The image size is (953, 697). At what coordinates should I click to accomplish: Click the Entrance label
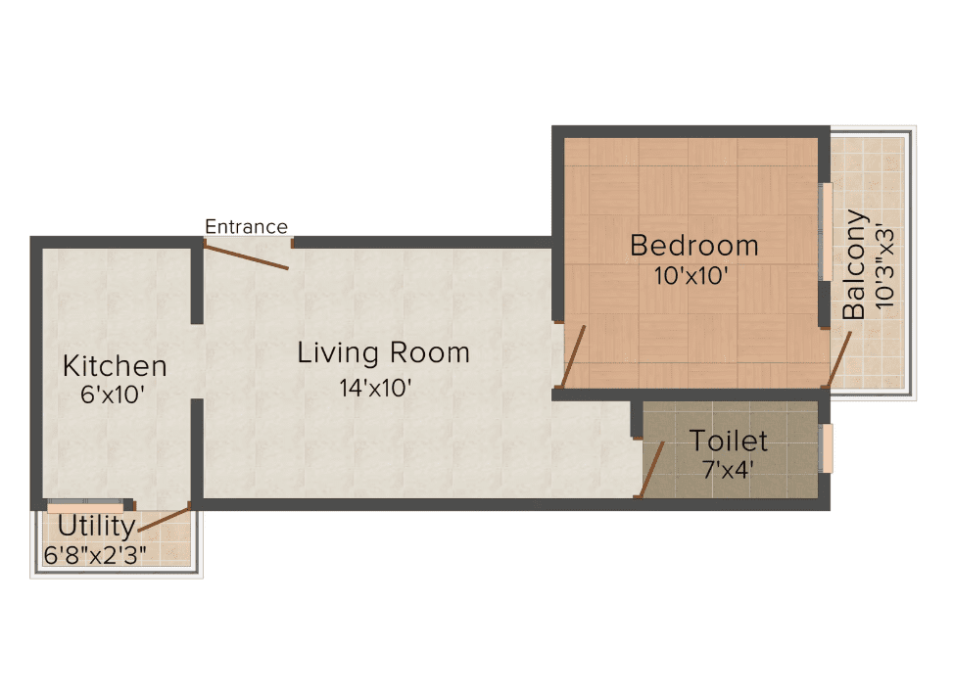pyautogui.click(x=246, y=227)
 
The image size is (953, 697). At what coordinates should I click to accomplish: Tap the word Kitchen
pyautogui.click(x=115, y=366)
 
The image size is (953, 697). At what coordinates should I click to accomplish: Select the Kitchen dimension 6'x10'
pyautogui.click(x=113, y=395)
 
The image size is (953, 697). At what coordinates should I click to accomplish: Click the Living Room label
pyautogui.click(x=384, y=353)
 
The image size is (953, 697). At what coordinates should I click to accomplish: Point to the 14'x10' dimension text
pyautogui.click(x=375, y=388)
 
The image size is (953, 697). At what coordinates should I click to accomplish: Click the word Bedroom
pyautogui.click(x=694, y=246)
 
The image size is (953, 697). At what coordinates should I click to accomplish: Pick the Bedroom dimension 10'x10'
pyautogui.click(x=691, y=276)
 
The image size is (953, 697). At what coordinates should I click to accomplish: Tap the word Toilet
pyautogui.click(x=729, y=441)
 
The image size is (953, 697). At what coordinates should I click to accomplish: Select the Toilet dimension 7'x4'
pyautogui.click(x=728, y=470)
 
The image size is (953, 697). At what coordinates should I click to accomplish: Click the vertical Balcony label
pyautogui.click(x=854, y=265)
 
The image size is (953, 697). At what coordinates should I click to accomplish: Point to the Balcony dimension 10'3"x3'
pyautogui.click(x=885, y=268)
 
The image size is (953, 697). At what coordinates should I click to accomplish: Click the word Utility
pyautogui.click(x=97, y=527)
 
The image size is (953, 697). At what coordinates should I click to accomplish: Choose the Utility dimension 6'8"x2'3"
pyautogui.click(x=95, y=555)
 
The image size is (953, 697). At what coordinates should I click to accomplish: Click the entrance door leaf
pyautogui.click(x=246, y=256)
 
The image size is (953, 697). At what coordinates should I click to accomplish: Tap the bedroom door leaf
pyautogui.click(x=573, y=356)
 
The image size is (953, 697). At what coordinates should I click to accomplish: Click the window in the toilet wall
pyautogui.click(x=826, y=448)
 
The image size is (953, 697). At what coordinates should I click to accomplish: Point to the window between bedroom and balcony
pyautogui.click(x=826, y=232)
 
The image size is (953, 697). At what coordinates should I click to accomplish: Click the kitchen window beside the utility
pyautogui.click(x=85, y=506)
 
